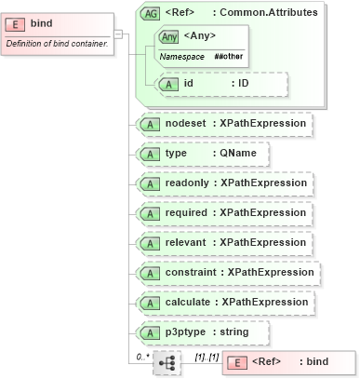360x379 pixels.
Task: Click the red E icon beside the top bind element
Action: [x=16, y=22]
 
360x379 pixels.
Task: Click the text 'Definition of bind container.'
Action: [x=59, y=42]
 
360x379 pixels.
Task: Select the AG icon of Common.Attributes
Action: [x=149, y=13]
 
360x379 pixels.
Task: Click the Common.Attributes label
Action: [x=269, y=13]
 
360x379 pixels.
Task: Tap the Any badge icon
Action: [x=168, y=37]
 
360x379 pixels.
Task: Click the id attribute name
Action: [x=189, y=84]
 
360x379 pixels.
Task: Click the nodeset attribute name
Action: [x=186, y=122]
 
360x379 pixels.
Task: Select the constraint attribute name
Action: [x=192, y=272]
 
